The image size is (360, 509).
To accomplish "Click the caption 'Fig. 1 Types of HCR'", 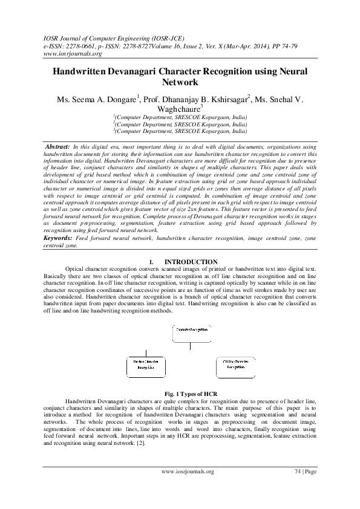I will click(x=180, y=394).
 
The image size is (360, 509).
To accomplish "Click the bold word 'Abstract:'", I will click(x=58, y=147).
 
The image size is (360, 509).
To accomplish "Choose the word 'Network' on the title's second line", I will click(x=180, y=82).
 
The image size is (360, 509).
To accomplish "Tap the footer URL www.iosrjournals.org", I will click(x=188, y=471).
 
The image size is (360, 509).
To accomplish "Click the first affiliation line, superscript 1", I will click(x=180, y=117).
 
